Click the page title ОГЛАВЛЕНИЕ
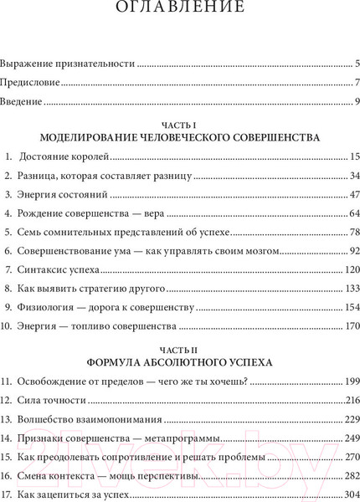(180, 11)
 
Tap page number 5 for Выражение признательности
(357, 64)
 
